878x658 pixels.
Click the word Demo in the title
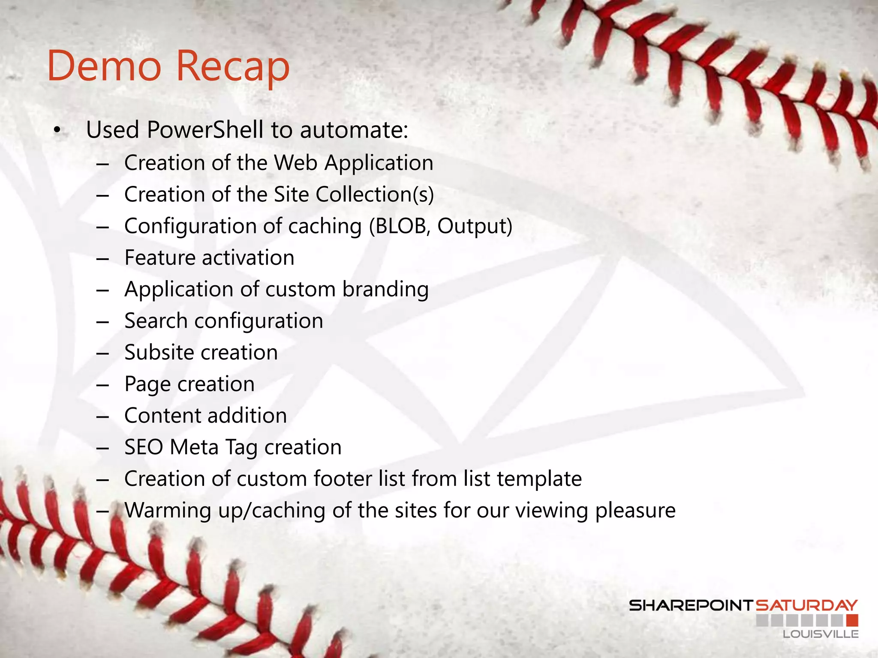(104, 66)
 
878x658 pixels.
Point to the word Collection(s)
(375, 194)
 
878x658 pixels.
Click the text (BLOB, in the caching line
(400, 226)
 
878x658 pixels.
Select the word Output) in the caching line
(475, 226)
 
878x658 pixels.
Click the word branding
(385, 290)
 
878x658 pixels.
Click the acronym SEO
(144, 447)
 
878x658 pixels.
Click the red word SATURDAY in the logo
(806, 605)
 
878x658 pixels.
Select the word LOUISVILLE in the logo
(821, 634)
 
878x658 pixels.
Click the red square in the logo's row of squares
(852, 620)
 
